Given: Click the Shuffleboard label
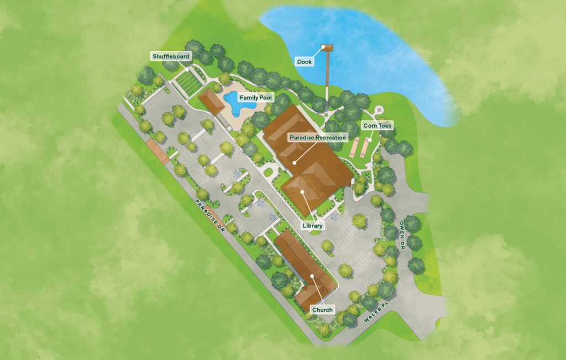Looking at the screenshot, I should [171, 56].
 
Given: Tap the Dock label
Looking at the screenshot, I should [304, 61].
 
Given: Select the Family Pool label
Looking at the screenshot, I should [256, 97].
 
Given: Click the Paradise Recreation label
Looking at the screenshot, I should [318, 137].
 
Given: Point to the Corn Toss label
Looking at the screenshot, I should [377, 126].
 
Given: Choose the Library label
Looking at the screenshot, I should [313, 226].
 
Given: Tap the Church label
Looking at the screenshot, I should [322, 310].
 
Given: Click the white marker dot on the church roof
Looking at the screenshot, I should [312, 276].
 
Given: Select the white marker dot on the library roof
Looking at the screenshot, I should [302, 191].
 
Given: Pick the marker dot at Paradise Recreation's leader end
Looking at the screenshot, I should [296, 163].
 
